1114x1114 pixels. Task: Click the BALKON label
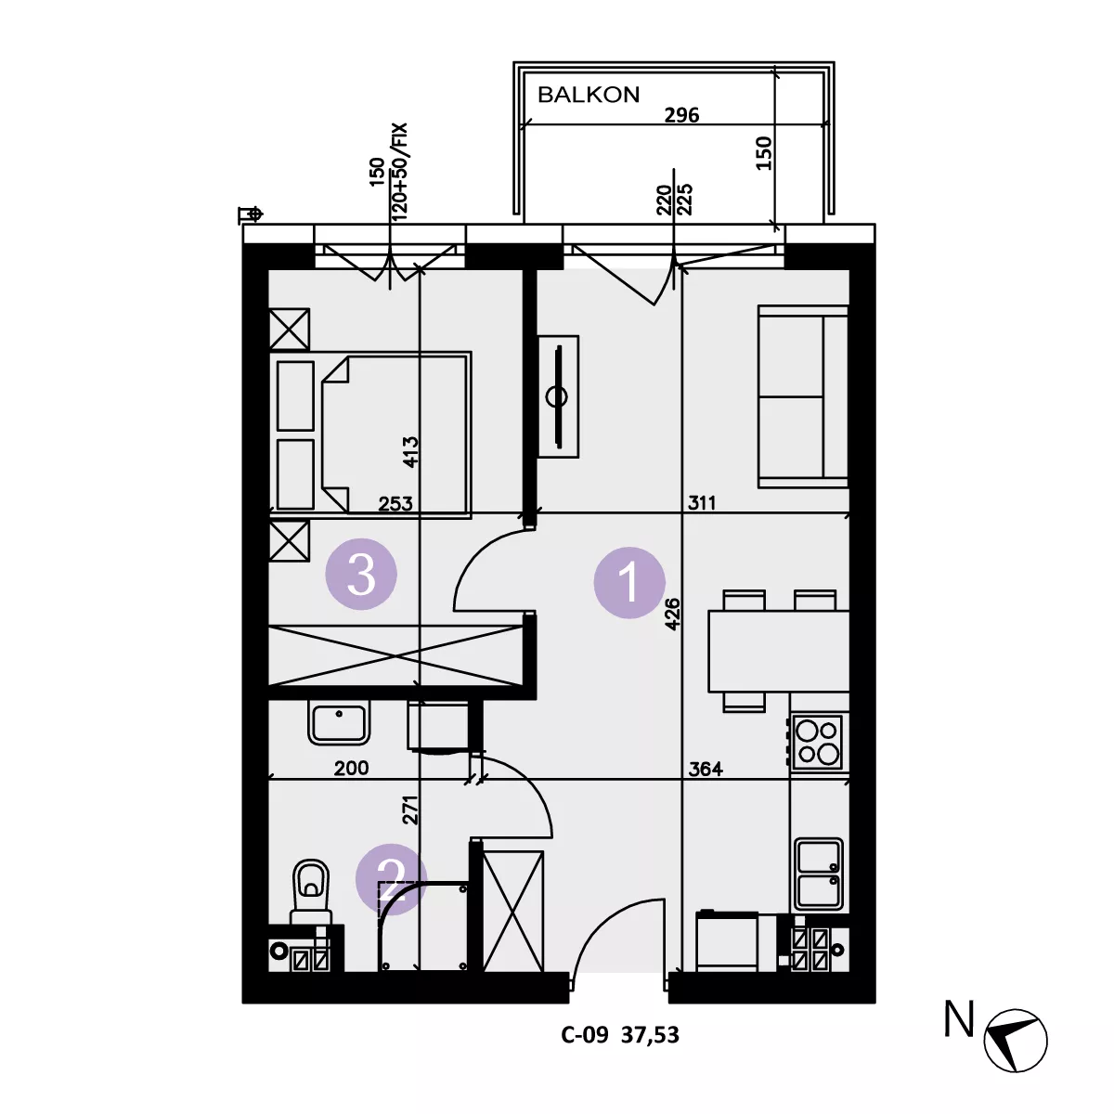click(x=589, y=95)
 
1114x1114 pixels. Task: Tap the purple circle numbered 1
click(x=629, y=582)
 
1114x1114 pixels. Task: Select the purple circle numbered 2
click(x=392, y=879)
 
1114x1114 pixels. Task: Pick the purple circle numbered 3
click(x=361, y=574)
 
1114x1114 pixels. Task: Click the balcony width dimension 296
click(x=681, y=115)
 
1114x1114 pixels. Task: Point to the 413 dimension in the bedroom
click(x=410, y=451)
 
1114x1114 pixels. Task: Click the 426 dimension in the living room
click(x=672, y=614)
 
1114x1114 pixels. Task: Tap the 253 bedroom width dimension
click(x=395, y=503)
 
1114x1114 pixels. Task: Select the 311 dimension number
click(x=702, y=503)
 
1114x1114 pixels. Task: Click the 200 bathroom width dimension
click(x=352, y=768)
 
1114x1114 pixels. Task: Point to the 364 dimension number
click(x=706, y=769)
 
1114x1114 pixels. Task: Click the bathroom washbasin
click(x=339, y=722)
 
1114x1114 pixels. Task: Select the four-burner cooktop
click(x=817, y=742)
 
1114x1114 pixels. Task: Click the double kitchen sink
click(x=819, y=874)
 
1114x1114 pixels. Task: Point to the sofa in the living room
click(x=803, y=397)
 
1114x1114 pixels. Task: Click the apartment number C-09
click(x=585, y=1034)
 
